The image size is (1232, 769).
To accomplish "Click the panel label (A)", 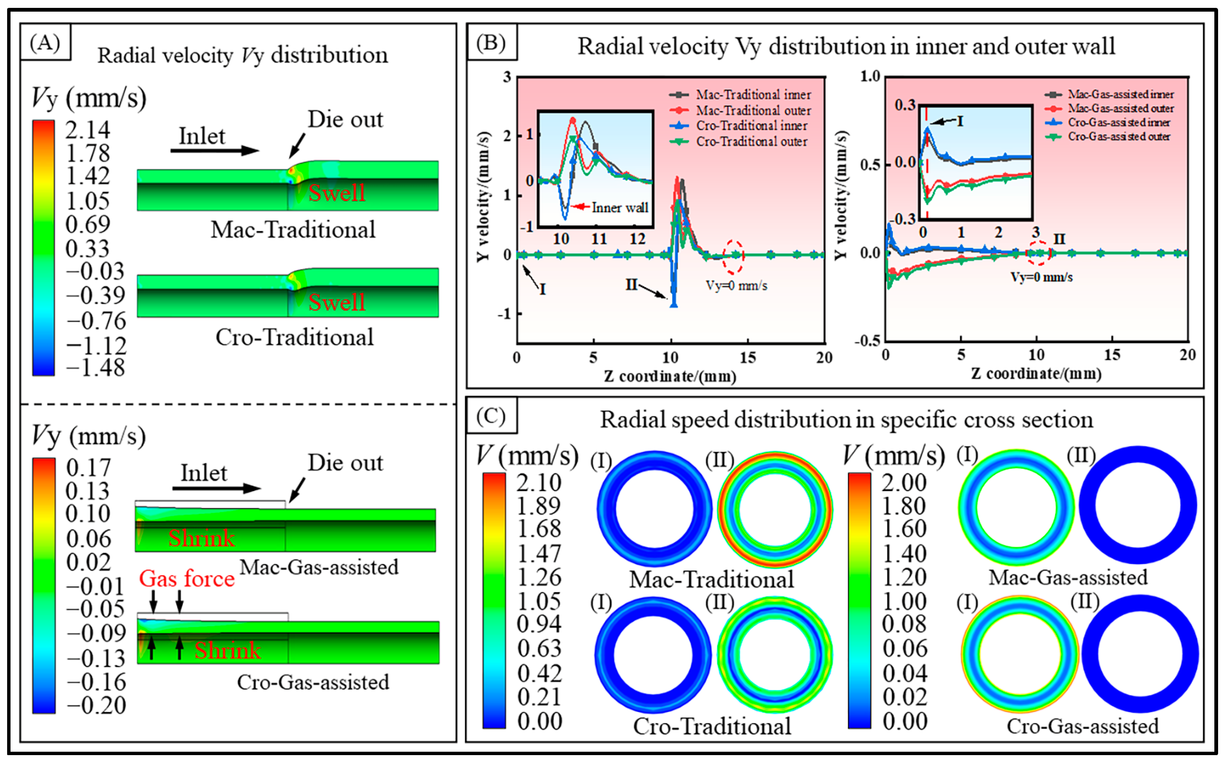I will (45, 43).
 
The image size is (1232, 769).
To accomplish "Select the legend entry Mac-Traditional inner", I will (753, 95).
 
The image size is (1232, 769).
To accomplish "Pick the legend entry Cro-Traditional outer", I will (751, 142).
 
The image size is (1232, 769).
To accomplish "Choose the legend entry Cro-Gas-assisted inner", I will (1119, 122).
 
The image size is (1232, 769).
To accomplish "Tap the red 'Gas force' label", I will (187, 578).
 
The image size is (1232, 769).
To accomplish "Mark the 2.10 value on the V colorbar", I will (539, 482).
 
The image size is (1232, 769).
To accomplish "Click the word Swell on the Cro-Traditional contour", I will (337, 302).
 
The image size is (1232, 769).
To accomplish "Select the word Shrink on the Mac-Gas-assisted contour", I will (201, 538).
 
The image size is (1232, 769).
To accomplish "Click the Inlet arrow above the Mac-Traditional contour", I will (214, 150).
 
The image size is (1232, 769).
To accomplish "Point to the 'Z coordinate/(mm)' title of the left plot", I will (670, 376).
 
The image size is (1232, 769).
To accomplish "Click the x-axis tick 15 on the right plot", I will (1112, 354).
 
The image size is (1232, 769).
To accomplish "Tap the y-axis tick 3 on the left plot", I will (507, 77).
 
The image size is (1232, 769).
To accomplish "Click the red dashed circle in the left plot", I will (733, 256).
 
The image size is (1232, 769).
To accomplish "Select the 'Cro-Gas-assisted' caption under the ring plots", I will (1083, 726).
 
